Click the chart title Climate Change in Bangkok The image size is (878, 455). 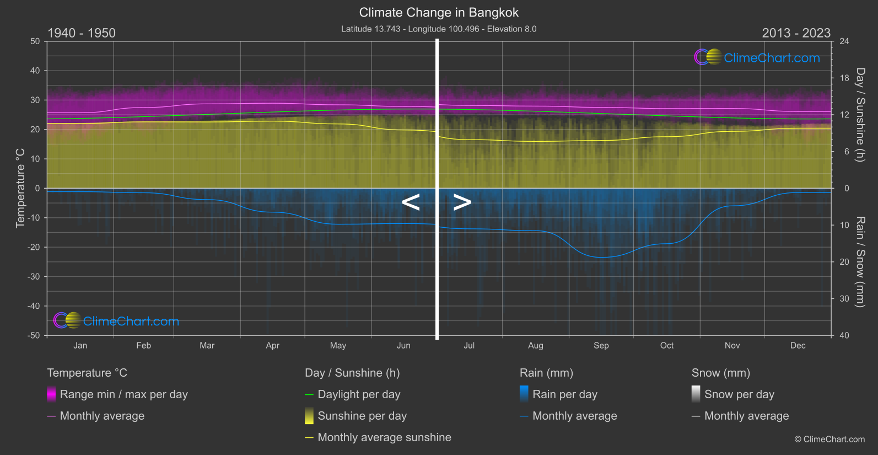tap(439, 13)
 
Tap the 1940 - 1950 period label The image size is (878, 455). tap(82, 33)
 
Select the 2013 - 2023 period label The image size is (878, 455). tap(796, 33)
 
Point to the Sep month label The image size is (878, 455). tap(601, 346)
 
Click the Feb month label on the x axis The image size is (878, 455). tap(143, 346)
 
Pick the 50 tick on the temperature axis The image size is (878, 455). tap(35, 41)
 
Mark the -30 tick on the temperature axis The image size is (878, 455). tap(34, 277)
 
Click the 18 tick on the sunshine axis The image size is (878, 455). tap(844, 78)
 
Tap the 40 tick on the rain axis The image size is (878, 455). tap(844, 335)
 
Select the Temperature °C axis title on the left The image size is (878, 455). tap(20, 188)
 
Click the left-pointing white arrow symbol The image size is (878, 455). tap(411, 202)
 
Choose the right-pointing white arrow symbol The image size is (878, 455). tap(462, 202)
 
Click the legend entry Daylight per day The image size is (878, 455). tap(359, 394)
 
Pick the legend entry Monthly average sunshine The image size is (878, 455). tap(384, 437)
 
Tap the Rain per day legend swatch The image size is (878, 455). tap(524, 394)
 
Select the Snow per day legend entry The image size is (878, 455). tap(739, 394)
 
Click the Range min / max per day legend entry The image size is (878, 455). tap(123, 394)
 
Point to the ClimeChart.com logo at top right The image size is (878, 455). tap(757, 57)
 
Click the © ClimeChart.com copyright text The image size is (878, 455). tap(829, 440)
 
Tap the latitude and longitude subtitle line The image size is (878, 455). tap(439, 29)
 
